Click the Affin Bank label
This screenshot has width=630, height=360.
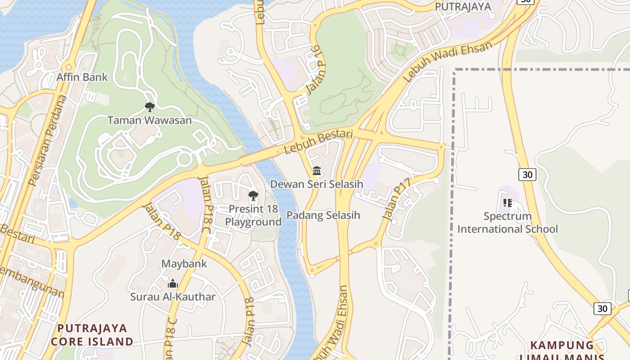click(x=82, y=77)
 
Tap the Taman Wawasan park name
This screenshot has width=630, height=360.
click(x=149, y=120)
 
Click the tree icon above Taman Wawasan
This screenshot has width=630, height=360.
click(x=149, y=107)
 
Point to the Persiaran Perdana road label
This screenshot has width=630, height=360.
click(x=47, y=140)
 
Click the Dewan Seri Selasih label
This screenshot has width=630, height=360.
click(x=316, y=184)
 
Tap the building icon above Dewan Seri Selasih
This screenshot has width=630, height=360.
click(x=317, y=171)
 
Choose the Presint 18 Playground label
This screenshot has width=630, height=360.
click(x=253, y=215)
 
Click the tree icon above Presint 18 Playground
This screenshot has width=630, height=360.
click(x=253, y=196)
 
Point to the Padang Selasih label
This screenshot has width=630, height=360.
click(x=323, y=215)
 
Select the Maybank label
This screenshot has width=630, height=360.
click(x=184, y=263)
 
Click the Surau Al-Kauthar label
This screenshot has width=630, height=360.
click(x=173, y=297)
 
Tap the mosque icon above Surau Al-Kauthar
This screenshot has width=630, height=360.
click(x=173, y=284)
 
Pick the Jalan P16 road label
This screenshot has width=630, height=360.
click(x=315, y=72)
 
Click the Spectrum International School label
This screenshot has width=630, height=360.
click(x=508, y=222)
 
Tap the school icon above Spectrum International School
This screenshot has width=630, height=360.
click(x=508, y=203)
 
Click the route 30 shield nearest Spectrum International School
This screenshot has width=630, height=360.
click(x=527, y=174)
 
